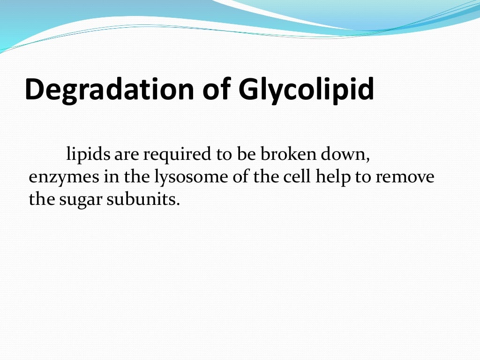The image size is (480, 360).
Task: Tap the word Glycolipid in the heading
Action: click(x=306, y=89)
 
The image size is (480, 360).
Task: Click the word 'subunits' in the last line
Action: click(x=141, y=199)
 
